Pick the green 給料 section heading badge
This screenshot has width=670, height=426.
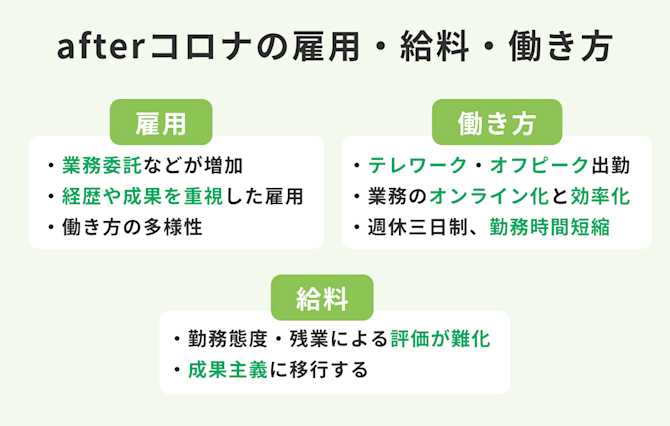pos(322,297)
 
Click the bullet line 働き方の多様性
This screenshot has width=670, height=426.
pos(131,227)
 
